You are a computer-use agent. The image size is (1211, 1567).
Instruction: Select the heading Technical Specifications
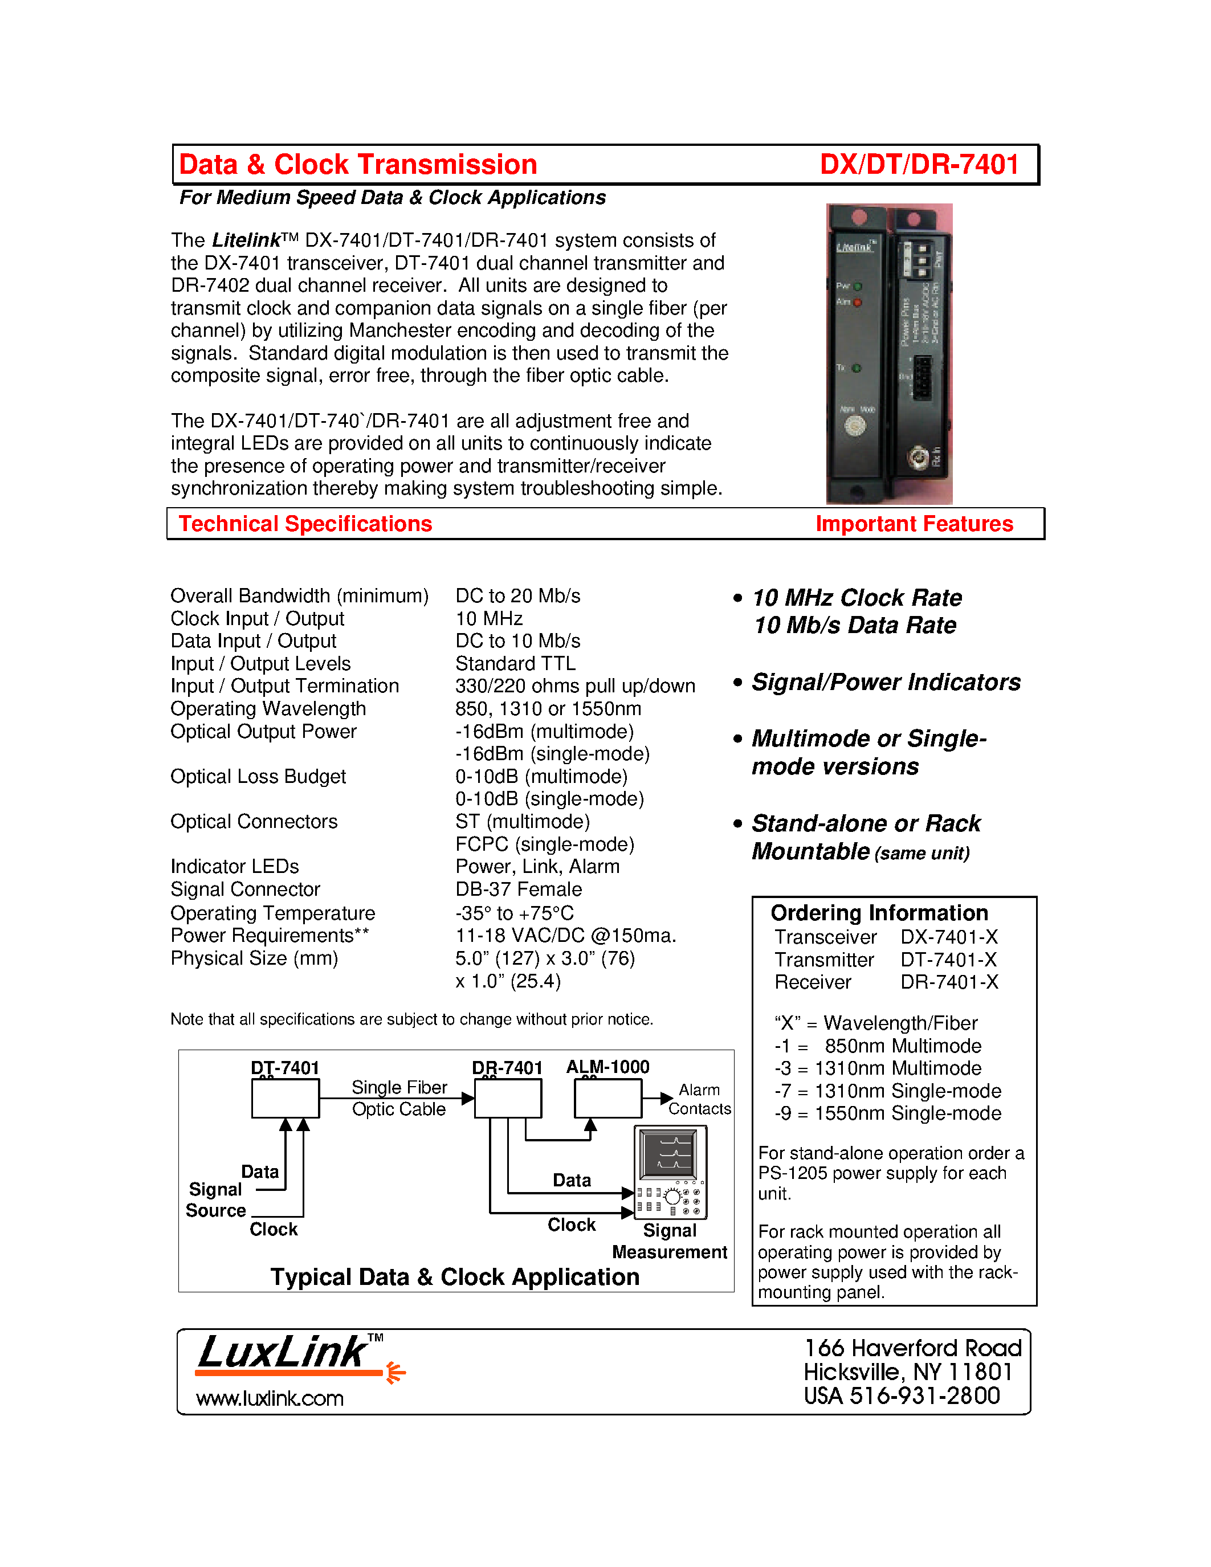305,524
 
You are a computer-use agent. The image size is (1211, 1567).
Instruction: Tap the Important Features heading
914,524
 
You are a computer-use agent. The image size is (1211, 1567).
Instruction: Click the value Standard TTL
515,664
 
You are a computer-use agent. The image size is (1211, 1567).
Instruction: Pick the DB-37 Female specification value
518,889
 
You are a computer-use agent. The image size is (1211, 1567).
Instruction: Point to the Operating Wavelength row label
268,709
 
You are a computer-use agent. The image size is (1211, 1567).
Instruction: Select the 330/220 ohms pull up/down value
574,687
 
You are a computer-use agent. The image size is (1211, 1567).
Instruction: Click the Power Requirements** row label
269,936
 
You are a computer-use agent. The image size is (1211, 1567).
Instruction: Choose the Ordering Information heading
879,913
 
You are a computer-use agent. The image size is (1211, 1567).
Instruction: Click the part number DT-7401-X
948,960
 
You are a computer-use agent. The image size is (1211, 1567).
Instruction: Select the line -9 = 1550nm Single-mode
887,1113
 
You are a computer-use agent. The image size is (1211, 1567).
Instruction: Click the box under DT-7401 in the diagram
285,1099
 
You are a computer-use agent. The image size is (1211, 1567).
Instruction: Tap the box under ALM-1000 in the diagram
607,1099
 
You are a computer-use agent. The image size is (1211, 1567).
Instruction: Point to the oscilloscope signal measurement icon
671,1172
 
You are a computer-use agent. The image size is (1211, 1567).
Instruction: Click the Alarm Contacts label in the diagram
699,1099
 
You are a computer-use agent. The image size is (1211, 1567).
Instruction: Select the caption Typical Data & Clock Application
454,1277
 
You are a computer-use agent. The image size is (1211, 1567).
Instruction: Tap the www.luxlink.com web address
270,1398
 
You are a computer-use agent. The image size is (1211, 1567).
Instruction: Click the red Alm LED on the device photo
857,303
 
